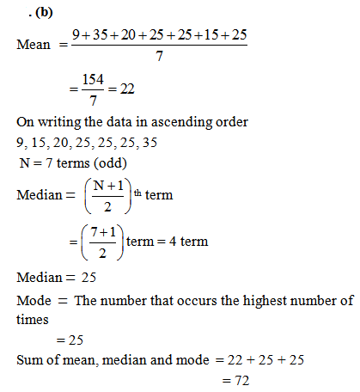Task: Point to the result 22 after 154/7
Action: [x=128, y=89]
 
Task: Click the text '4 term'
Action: [x=189, y=242]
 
